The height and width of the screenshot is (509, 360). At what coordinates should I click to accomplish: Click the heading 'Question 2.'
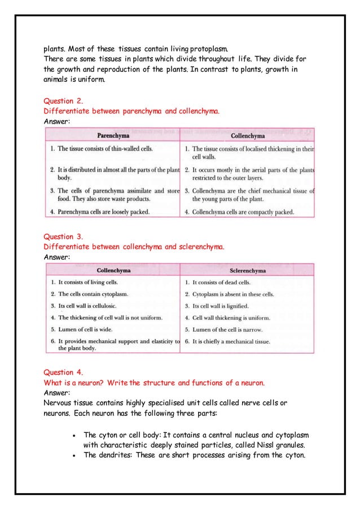coord(63,102)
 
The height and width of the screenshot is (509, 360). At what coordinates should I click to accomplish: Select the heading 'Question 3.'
coord(63,236)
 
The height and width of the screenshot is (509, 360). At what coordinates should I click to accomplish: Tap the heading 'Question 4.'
coord(63,372)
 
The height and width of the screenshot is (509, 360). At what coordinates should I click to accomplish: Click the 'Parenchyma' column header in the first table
coord(113,135)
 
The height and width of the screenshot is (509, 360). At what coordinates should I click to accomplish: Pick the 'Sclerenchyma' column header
coord(247,271)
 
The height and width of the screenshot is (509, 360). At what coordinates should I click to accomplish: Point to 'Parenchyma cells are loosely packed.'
coord(100,212)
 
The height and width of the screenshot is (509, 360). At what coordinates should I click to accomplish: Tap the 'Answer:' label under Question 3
coord(57,257)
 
